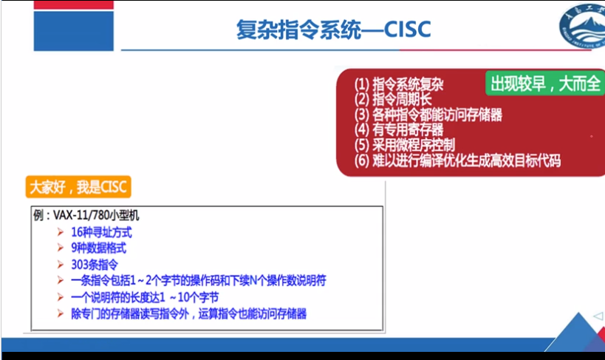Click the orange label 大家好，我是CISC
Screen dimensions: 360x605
click(78, 187)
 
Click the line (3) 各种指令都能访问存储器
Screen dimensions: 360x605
click(428, 115)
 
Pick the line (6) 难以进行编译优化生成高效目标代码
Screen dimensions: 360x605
click(457, 160)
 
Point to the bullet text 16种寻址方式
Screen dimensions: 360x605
click(102, 232)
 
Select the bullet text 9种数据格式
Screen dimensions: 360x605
click(99, 248)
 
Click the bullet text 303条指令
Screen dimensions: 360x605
click(95, 264)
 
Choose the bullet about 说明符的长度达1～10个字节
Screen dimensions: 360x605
click(145, 297)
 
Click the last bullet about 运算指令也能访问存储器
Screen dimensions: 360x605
click(188, 313)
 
